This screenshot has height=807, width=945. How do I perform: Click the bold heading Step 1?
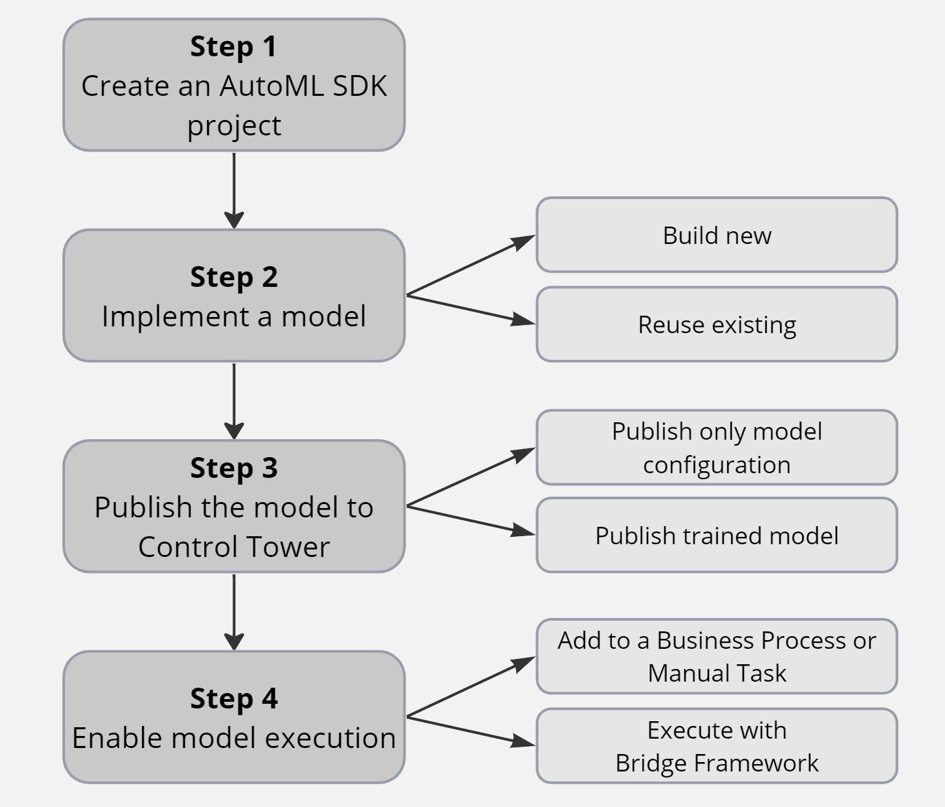233,47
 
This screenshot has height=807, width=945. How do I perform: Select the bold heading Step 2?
234,277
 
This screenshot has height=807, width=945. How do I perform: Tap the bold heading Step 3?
234,469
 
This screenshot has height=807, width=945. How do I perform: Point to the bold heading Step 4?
234,698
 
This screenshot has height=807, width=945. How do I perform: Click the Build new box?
716,235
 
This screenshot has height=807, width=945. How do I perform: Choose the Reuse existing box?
716,324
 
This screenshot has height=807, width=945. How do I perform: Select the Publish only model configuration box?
716,447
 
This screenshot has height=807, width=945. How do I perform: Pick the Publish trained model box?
716,535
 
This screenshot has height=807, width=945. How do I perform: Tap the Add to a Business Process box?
716,656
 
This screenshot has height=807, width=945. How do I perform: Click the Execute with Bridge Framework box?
716,746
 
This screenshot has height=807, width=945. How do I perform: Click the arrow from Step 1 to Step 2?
234,190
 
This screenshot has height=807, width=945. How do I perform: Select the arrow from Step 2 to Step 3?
234,401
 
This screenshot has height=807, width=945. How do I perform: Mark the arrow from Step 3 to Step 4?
234,612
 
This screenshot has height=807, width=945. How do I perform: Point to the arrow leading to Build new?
471,265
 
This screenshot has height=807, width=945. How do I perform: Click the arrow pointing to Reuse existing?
471,310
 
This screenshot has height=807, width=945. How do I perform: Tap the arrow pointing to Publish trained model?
471,520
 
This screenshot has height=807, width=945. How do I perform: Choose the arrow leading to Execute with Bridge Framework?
471,731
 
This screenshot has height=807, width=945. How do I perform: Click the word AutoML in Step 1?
271,86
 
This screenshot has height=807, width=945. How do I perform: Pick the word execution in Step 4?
330,738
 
